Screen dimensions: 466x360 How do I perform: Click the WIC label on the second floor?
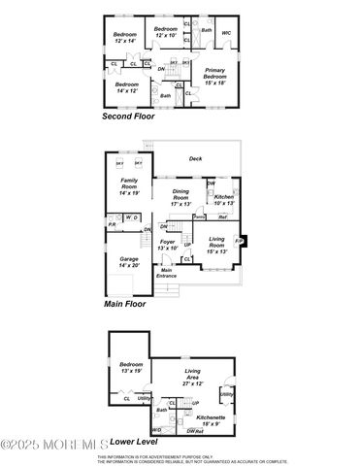click(225, 33)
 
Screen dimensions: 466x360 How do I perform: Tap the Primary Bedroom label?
click(214, 74)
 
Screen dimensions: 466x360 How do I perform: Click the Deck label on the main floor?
click(195, 158)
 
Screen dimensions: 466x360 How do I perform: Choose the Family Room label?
click(130, 185)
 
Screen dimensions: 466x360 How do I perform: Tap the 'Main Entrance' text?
click(167, 275)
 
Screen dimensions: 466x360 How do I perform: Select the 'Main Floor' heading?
click(124, 304)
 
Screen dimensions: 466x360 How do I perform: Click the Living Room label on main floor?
click(216, 242)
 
